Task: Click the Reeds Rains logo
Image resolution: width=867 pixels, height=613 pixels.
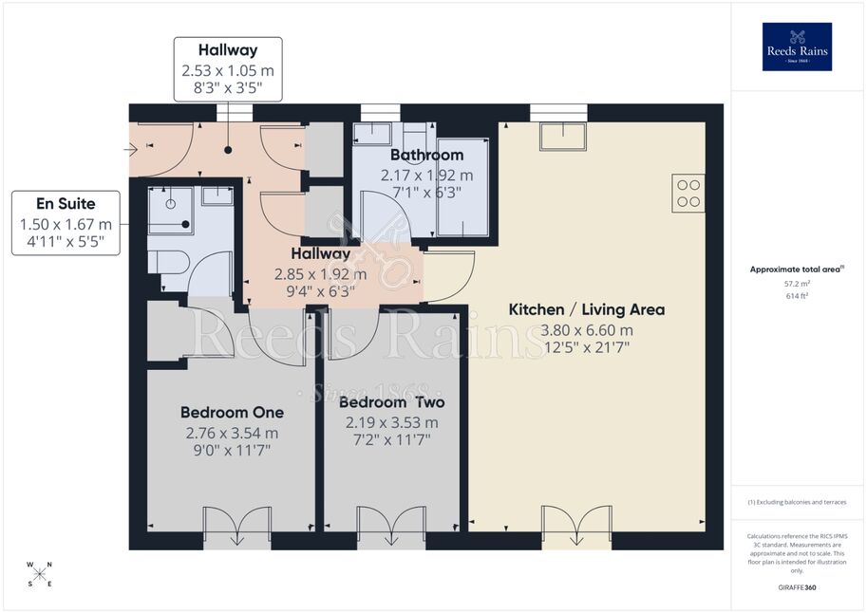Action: click(x=797, y=46)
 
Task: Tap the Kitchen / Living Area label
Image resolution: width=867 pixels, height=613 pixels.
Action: click(x=586, y=309)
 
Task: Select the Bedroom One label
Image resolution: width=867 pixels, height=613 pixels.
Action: click(x=233, y=413)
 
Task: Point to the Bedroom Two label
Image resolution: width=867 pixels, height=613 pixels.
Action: click(x=391, y=401)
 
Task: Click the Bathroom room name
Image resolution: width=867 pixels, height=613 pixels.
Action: click(x=427, y=155)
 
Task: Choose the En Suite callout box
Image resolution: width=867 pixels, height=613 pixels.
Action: click(x=66, y=223)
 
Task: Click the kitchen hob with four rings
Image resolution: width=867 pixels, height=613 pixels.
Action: click(x=688, y=194)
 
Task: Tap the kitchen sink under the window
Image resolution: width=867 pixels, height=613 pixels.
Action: click(x=563, y=137)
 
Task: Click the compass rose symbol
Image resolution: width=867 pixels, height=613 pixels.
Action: click(x=39, y=574)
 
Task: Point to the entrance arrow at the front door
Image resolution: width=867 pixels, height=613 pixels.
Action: click(x=130, y=149)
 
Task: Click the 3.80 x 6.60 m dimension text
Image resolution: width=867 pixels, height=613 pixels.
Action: click(x=586, y=330)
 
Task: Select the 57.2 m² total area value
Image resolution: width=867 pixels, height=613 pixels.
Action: click(x=797, y=284)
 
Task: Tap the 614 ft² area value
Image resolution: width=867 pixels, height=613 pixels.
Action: click(x=797, y=296)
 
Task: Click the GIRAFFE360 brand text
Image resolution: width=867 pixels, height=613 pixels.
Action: click(x=797, y=587)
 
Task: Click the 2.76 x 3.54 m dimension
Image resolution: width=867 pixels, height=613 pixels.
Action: click(x=233, y=434)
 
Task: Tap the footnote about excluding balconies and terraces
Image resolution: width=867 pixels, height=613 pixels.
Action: click(x=797, y=502)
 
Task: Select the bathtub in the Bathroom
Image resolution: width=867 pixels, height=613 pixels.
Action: click(x=462, y=187)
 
